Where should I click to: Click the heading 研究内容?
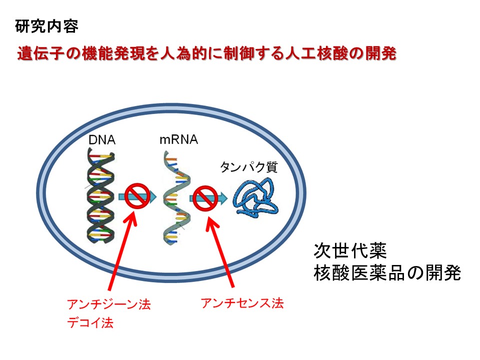click(46, 26)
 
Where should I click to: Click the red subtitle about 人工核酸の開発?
click(207, 53)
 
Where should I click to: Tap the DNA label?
click(102, 140)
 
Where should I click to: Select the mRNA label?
click(179, 139)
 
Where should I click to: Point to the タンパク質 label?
click(249, 167)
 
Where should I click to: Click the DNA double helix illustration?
click(100, 195)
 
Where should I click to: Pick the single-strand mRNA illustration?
click(175, 198)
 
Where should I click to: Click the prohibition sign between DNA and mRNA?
click(137, 196)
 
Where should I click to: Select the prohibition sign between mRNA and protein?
click(205, 198)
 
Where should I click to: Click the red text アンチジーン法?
click(109, 304)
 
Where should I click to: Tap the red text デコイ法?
click(90, 322)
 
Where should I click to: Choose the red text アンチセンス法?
click(242, 303)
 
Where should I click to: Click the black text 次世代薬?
click(350, 251)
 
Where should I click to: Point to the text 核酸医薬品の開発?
click(387, 273)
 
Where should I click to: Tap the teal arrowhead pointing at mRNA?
click(152, 196)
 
